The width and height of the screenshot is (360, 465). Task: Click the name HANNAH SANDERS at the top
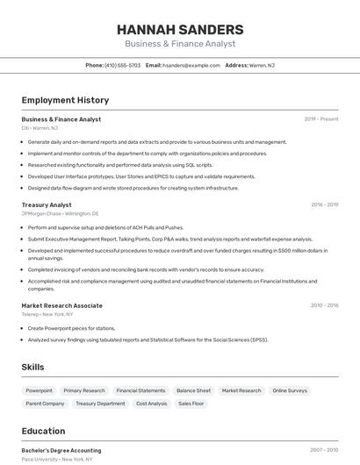coord(180,30)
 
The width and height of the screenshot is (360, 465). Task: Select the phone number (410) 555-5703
coord(122,65)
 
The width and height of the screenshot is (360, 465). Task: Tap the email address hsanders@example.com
coord(191,65)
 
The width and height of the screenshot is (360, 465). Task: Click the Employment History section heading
coord(65,100)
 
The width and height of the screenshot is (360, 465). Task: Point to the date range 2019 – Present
coord(321,119)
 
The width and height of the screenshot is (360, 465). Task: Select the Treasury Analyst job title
coord(47,204)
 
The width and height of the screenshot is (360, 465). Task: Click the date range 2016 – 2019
coord(324,204)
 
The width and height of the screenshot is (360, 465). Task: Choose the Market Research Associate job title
coord(61,305)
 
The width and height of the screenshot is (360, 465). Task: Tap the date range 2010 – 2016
coord(324,305)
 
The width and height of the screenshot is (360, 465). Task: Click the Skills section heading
coord(32,367)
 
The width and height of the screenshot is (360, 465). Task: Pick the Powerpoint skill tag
coord(39,390)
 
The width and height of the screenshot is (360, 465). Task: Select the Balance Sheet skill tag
coord(193,390)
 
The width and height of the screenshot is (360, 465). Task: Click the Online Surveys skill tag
coord(290,390)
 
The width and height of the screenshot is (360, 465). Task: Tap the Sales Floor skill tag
coord(191,404)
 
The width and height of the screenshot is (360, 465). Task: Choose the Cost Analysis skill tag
coord(151,404)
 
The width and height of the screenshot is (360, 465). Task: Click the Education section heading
coord(43,431)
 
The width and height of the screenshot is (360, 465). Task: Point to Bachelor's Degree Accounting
coord(61,450)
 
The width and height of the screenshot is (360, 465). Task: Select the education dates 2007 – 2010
coord(324,450)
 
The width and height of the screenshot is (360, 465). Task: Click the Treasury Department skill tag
coord(100,404)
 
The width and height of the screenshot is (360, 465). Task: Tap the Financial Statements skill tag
coord(140,390)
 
